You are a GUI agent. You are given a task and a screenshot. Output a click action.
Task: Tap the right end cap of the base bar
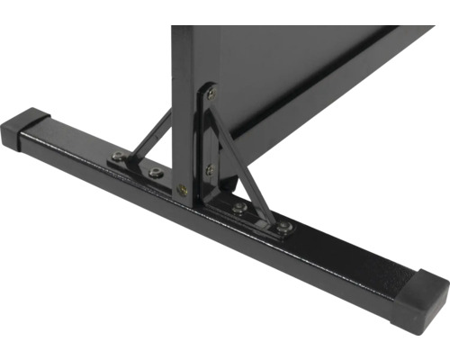coord(424,292)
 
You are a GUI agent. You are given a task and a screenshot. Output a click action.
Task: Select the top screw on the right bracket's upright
coord(211,92)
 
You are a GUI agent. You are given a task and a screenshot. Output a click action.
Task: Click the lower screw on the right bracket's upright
coord(210,168)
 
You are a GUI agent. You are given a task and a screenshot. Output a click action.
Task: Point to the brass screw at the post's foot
coord(183,190)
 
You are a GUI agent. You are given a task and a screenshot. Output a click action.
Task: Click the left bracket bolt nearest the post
coord(155,170)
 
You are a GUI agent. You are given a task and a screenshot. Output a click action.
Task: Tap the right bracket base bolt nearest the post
coord(239,208)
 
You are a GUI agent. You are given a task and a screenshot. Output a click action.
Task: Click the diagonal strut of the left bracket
coord(150,135)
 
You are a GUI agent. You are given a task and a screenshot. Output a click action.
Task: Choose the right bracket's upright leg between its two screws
coord(210,130)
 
